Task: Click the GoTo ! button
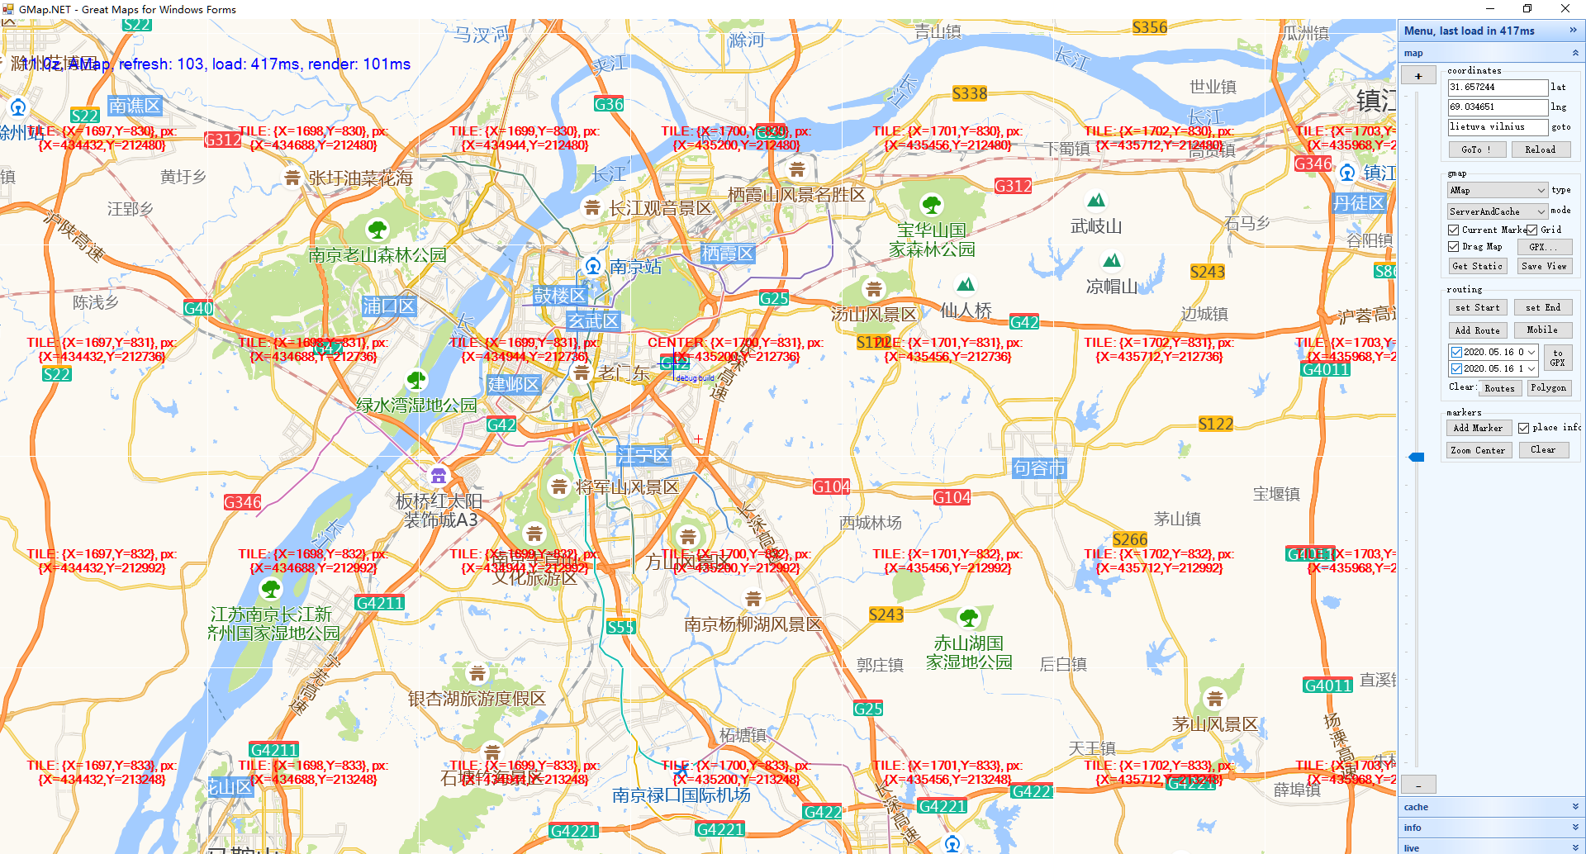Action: click(1476, 149)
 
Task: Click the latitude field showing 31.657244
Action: click(1497, 87)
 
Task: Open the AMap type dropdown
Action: click(1497, 190)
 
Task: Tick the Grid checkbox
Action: click(1532, 230)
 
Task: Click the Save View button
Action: click(1544, 266)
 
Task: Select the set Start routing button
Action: click(1477, 307)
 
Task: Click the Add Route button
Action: click(1477, 330)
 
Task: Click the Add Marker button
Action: click(1478, 428)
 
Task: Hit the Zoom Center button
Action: click(1478, 450)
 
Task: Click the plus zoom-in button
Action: click(1418, 76)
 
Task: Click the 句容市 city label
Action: click(1039, 468)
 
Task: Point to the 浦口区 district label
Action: click(388, 306)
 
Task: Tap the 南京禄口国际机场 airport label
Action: click(681, 795)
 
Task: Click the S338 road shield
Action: click(969, 93)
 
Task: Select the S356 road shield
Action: click(1149, 27)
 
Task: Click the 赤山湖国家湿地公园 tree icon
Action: click(969, 617)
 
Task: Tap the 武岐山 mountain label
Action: click(1096, 225)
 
